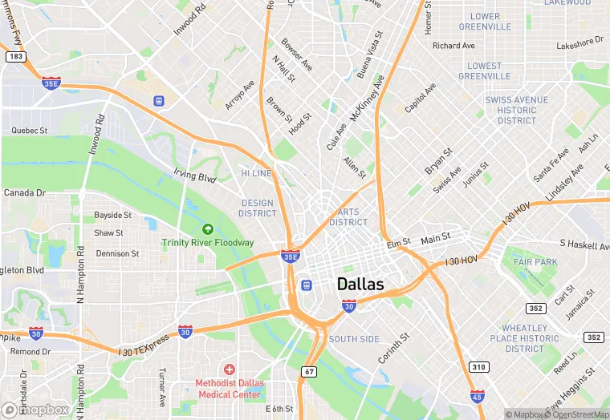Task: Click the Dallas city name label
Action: pyautogui.click(x=360, y=284)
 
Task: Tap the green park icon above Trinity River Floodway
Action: pyautogui.click(x=208, y=229)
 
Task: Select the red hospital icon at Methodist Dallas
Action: pyautogui.click(x=230, y=370)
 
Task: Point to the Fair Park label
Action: pyautogui.click(x=535, y=262)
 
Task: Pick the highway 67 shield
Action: pyautogui.click(x=309, y=371)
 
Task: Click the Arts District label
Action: pyautogui.click(x=348, y=217)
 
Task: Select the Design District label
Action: pyautogui.click(x=258, y=208)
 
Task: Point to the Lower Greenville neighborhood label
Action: pyautogui.click(x=485, y=22)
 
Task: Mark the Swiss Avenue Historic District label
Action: pyautogui.click(x=517, y=110)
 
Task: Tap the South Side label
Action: pyautogui.click(x=354, y=339)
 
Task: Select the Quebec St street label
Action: pyautogui.click(x=30, y=130)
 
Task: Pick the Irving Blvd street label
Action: pyautogui.click(x=195, y=174)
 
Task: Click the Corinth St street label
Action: pyautogui.click(x=393, y=345)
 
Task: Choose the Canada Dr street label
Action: pyautogui.click(x=25, y=193)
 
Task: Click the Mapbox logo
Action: pyautogui.click(x=36, y=410)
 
